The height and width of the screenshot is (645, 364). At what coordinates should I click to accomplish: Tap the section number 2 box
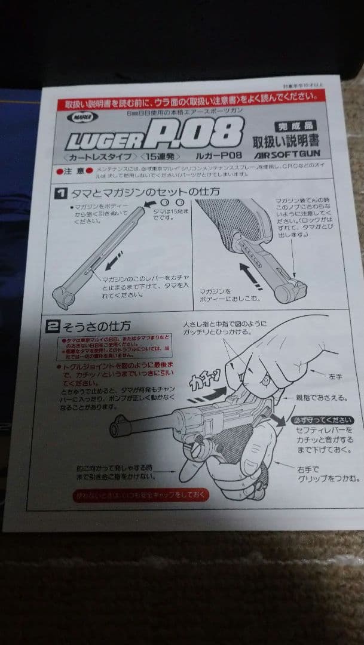point(53,326)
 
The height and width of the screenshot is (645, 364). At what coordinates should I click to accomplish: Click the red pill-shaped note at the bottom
point(140,496)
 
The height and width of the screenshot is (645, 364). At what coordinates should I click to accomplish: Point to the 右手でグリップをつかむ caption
point(328,473)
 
